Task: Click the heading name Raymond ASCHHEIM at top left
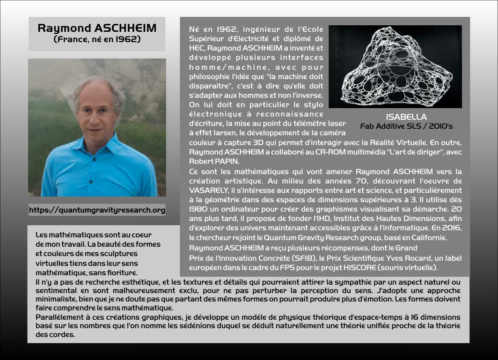click(97, 28)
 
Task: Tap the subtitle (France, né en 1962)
click(97, 39)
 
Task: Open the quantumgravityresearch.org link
click(97, 210)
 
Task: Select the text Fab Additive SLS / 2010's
click(406, 126)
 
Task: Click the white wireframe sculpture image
click(395, 66)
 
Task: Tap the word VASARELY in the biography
click(210, 191)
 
